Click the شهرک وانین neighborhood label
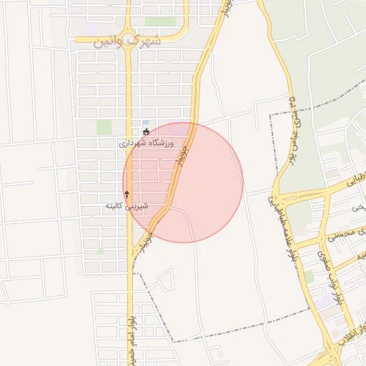coord(127,41)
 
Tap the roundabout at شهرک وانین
coord(128,39)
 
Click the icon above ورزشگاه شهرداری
coord(147,132)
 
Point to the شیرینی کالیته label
coord(127,206)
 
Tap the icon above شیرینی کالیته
coord(127,194)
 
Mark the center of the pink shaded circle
coord(183,182)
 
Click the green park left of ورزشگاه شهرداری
coord(104,127)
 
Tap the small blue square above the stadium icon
coord(146,122)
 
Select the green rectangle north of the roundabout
coord(160,21)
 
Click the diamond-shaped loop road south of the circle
coord(166,280)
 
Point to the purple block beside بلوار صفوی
coord(326,300)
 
